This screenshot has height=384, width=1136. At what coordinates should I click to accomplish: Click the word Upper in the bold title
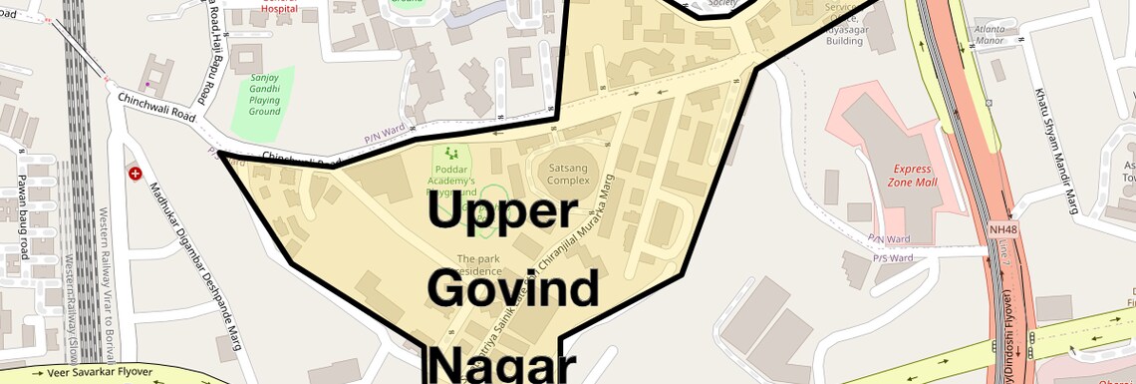[502, 212]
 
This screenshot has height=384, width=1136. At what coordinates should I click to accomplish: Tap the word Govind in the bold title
[513, 288]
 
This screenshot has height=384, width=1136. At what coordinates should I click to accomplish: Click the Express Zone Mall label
[913, 176]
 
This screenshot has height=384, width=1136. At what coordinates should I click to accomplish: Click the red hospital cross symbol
[136, 174]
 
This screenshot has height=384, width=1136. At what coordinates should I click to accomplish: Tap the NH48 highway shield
[1002, 230]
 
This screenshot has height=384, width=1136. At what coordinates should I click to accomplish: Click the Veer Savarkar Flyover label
[94, 372]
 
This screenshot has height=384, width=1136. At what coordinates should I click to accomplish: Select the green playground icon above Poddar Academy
[453, 154]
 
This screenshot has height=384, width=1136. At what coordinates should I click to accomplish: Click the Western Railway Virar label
[104, 269]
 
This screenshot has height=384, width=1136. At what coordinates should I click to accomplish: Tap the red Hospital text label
[279, 8]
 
